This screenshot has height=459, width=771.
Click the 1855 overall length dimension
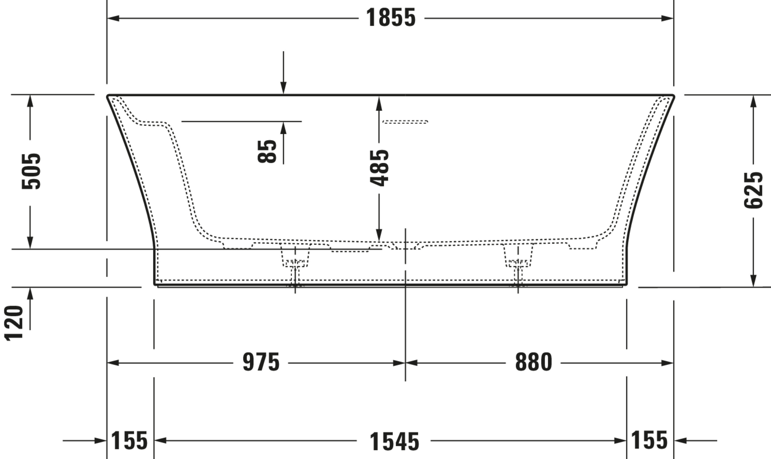(391, 18)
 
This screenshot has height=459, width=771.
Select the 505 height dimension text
(31, 171)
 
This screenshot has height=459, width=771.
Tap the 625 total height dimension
(753, 190)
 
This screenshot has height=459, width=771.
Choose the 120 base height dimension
(14, 323)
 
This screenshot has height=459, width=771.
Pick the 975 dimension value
(261, 362)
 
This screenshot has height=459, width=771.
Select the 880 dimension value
(534, 362)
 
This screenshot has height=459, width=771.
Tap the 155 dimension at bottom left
(129, 440)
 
